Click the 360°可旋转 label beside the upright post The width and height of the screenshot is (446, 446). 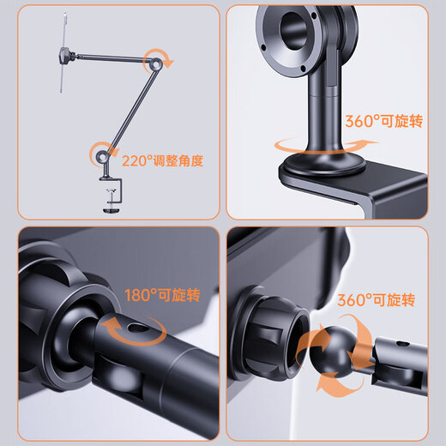pos(384,121)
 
